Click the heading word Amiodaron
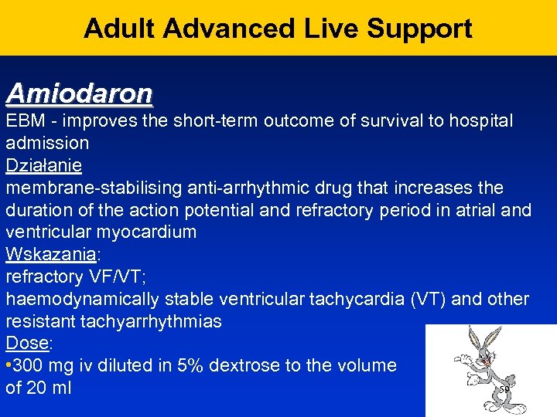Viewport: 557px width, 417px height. tap(79, 93)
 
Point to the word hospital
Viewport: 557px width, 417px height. tap(480, 121)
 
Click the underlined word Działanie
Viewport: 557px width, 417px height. tap(43, 165)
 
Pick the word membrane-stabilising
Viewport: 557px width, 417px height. tap(88, 188)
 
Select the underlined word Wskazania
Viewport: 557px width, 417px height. tap(50, 254)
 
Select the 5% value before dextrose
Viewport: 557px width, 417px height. tap(207, 365)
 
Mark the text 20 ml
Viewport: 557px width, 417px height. tap(49, 388)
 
